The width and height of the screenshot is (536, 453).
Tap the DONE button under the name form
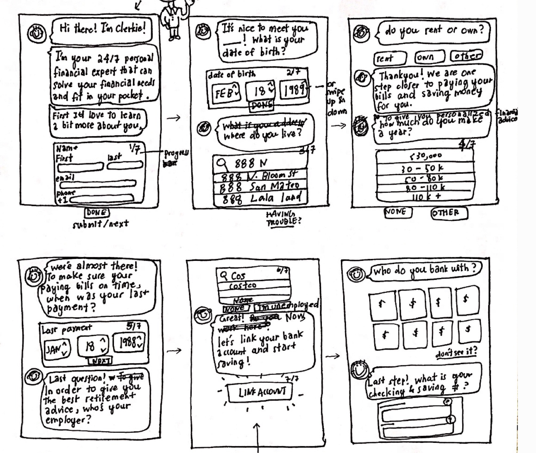pos(97,213)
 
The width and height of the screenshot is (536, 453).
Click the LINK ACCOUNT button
pos(262,392)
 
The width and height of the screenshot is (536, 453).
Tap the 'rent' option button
pos(390,58)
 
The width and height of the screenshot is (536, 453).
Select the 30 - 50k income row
pos(424,168)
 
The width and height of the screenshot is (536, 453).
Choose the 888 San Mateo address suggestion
pos(260,187)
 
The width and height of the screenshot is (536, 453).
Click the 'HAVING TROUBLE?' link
pos(283,218)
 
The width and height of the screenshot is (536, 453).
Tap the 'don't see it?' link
pos(456,353)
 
